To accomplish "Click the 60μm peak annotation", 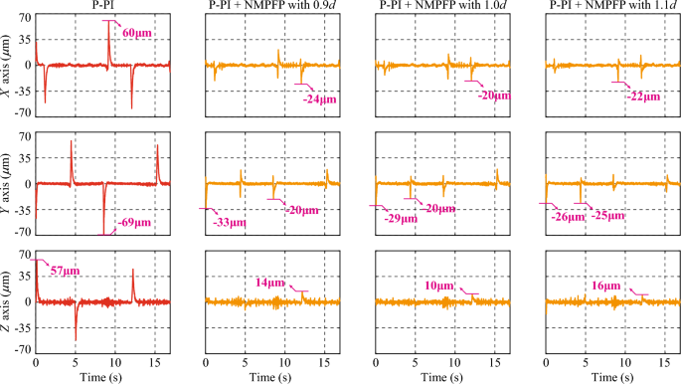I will tap(137, 33).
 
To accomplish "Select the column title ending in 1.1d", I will tap(607, 7).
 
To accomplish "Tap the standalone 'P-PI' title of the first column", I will tap(101, 7).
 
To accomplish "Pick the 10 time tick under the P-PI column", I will tap(114, 363).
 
